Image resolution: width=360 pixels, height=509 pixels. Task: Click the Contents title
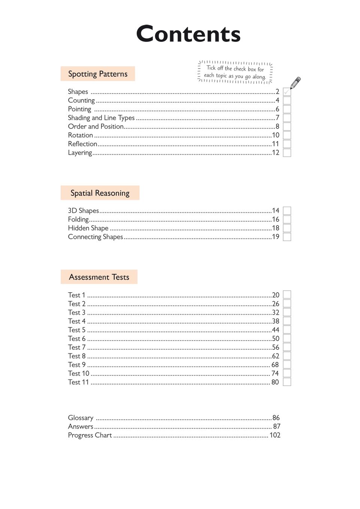coord(188,34)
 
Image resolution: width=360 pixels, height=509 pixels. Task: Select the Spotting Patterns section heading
coord(98,74)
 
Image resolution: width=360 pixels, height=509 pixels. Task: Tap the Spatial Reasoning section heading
coord(100,193)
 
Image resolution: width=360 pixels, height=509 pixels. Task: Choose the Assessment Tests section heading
coord(99,277)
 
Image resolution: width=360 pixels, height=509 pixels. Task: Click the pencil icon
coord(296,83)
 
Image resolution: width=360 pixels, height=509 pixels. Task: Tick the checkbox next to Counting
coord(287,100)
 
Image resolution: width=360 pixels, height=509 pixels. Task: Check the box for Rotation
coord(287,135)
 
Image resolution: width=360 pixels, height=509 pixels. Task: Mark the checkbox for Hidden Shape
coord(287,228)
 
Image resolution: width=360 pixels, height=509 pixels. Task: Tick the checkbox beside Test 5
coord(287,330)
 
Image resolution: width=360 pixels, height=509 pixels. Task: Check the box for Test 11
coord(287,382)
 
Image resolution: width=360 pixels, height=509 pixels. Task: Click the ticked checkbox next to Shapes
coord(287,92)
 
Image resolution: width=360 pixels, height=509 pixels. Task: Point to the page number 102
coord(275,435)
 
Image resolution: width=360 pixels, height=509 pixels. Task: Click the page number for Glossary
coord(276,418)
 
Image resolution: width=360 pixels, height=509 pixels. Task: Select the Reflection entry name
coord(82,144)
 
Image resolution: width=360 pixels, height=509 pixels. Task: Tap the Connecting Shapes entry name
coord(96,237)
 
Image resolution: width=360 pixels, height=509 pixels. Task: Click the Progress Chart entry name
coord(90,435)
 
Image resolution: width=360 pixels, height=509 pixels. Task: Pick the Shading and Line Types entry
coord(101,118)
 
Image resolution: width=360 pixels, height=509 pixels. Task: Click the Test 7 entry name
coord(77,347)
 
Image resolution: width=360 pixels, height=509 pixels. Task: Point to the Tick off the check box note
coord(235,72)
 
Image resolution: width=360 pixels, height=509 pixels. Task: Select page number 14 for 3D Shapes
coord(276,211)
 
